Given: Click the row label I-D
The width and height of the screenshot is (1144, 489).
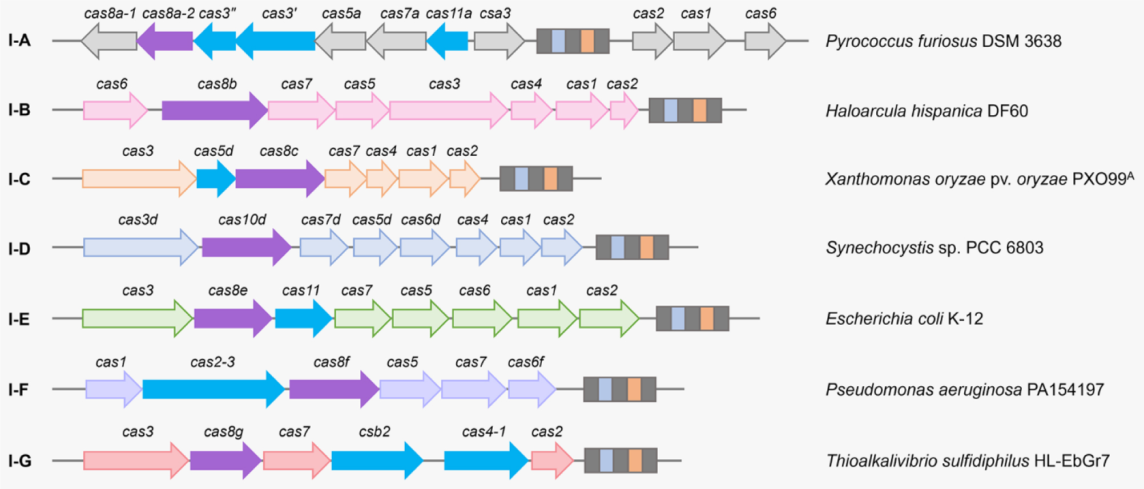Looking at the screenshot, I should click(x=19, y=249).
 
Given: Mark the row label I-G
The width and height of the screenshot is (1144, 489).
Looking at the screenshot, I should click(x=19, y=461).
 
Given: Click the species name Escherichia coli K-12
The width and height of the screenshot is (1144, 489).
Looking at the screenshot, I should click(x=904, y=318).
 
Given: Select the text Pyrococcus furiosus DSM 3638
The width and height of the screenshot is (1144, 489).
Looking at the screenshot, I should click(x=943, y=41).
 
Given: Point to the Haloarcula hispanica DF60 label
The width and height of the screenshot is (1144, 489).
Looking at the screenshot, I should click(x=927, y=111).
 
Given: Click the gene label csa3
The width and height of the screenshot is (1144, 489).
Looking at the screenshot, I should click(x=495, y=14).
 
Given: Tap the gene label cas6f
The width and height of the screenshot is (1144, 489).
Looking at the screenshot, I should click(x=526, y=362).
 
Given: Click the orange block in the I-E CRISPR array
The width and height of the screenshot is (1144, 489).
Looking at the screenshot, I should click(x=707, y=318).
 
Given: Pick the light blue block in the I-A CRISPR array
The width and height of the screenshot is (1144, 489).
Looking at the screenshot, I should click(x=558, y=41).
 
